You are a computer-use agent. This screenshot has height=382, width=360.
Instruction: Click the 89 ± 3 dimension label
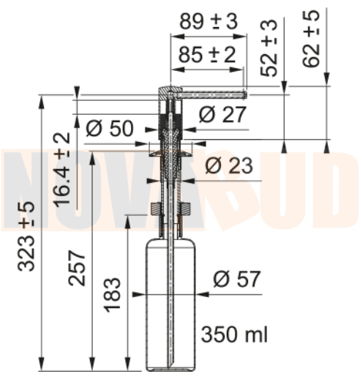(209, 21)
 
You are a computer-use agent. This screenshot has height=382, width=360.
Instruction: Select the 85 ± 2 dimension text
(207, 54)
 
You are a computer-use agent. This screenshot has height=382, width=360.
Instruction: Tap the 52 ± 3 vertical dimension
(269, 48)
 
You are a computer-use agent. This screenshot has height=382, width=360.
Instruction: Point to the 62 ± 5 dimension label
(311, 38)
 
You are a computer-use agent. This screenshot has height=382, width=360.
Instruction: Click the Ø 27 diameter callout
(222, 114)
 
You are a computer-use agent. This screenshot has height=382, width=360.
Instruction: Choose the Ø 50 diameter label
(110, 128)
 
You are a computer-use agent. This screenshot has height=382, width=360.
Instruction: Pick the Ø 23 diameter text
(229, 165)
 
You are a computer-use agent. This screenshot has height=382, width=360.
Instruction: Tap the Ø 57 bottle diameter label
(237, 279)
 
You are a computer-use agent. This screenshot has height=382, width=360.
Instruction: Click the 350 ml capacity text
(234, 334)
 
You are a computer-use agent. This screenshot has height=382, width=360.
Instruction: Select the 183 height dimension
(113, 295)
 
